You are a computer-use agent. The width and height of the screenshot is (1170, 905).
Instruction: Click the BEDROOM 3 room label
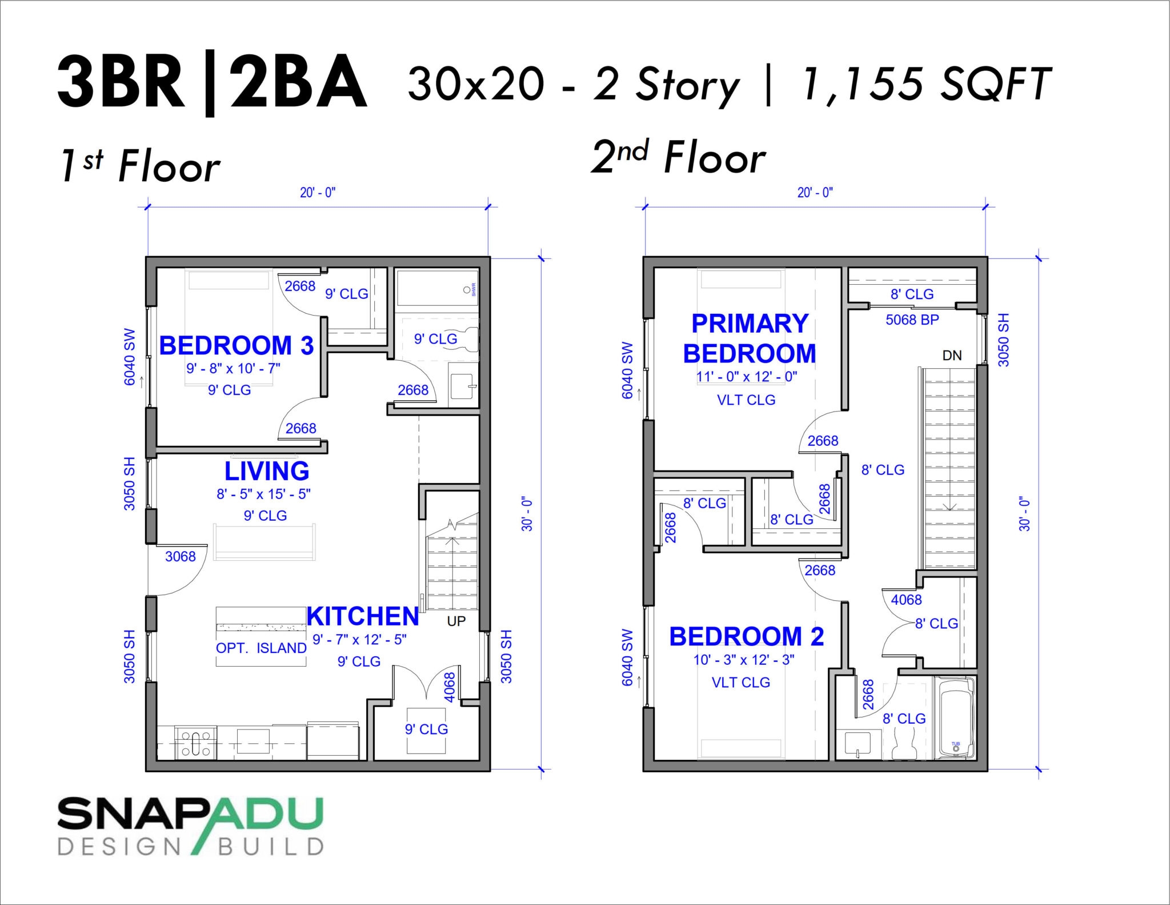click(x=236, y=346)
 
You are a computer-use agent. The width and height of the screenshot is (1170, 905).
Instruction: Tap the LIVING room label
click(x=267, y=472)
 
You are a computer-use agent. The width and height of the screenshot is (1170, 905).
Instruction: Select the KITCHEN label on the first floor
click(x=363, y=617)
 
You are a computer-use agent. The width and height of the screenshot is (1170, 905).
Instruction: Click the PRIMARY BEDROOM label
click(x=750, y=338)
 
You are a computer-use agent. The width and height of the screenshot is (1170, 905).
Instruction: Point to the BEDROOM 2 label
click(x=746, y=637)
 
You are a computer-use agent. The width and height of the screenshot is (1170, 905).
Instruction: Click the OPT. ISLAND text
click(x=261, y=648)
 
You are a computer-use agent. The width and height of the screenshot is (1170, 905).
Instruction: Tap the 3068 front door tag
click(x=181, y=557)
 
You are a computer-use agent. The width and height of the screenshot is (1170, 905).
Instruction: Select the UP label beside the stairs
click(x=456, y=621)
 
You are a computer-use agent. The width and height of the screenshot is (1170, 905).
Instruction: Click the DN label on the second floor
click(x=952, y=356)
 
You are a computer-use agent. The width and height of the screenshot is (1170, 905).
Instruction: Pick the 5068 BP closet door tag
click(x=912, y=320)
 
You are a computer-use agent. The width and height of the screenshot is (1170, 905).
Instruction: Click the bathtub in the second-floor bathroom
click(x=956, y=718)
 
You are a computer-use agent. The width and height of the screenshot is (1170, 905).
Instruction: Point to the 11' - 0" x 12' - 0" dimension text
click(x=746, y=377)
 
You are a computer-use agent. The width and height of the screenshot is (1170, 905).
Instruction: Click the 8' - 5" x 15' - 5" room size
click(x=263, y=494)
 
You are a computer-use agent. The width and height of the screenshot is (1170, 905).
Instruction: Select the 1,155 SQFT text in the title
click(x=926, y=84)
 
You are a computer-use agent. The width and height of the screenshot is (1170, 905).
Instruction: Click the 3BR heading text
click(x=122, y=83)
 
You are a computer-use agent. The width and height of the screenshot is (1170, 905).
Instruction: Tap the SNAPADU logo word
click(x=190, y=814)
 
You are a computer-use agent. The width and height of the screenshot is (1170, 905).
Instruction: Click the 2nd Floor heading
click(x=678, y=157)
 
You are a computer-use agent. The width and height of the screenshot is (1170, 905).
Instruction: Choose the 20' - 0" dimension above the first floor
click(x=318, y=193)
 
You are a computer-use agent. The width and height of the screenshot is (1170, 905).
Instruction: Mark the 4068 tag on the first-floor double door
click(x=450, y=687)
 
